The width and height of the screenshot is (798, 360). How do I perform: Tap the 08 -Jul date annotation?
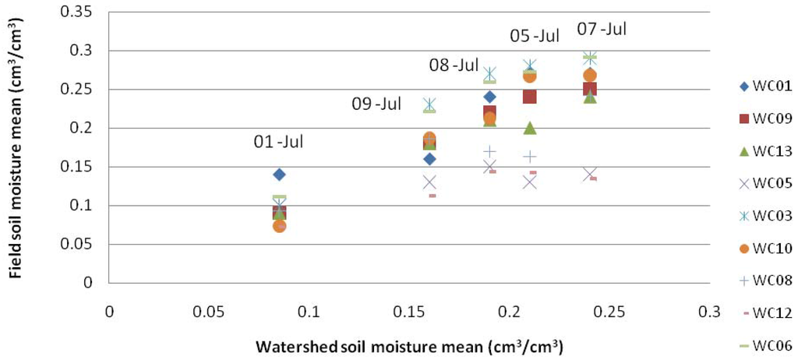pos(454,65)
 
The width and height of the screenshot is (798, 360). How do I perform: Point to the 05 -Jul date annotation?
pos(535,36)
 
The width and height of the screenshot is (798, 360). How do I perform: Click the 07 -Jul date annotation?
pos(602,30)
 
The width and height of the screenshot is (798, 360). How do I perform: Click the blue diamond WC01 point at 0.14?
pos(279,175)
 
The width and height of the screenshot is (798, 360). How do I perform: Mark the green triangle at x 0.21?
pos(530,128)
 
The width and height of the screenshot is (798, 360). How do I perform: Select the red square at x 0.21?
pos(529,97)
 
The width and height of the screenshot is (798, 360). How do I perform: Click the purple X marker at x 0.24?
pos(590,174)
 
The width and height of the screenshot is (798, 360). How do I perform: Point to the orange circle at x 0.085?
pos(279,226)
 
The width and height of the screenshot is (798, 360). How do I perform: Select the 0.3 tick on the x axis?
pos(709,311)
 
